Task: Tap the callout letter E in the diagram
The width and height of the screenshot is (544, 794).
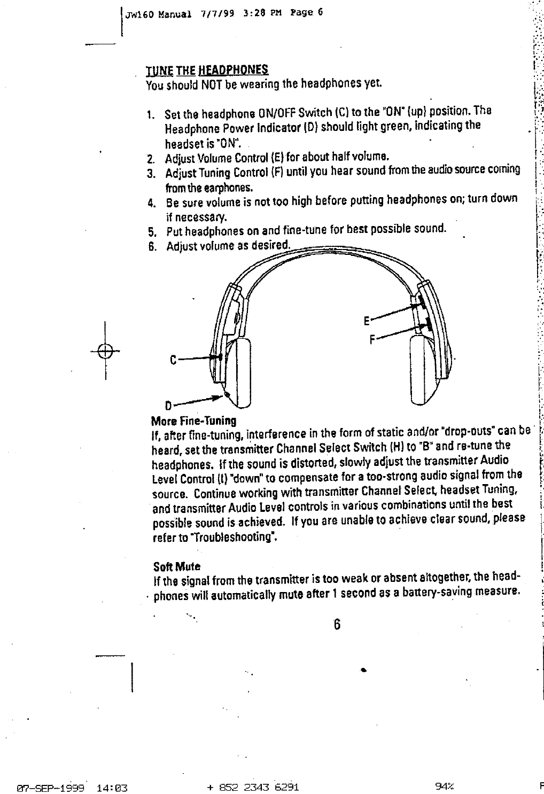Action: [x=366, y=321]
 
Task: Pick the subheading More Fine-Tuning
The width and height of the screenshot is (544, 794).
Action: [x=194, y=421]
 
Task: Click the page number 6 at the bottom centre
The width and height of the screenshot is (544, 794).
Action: [x=337, y=625]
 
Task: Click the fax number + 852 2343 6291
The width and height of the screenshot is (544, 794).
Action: [x=252, y=787]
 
